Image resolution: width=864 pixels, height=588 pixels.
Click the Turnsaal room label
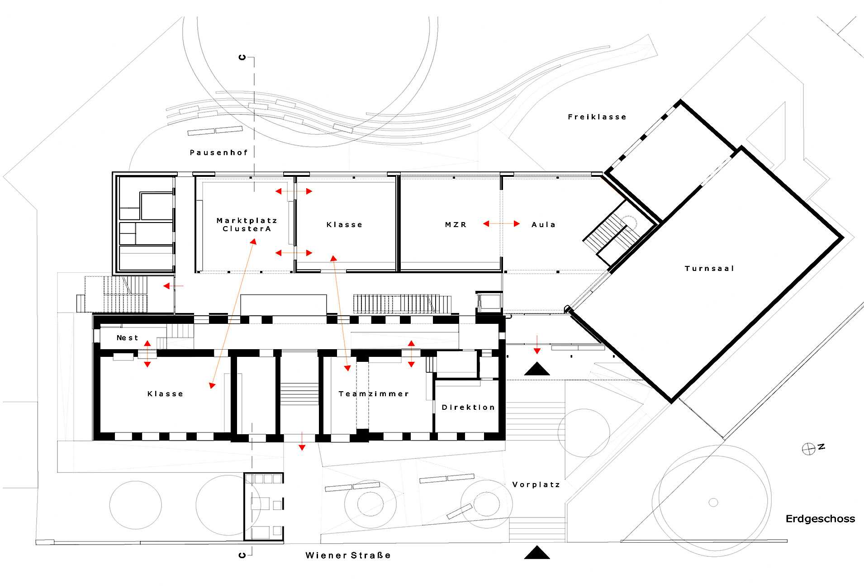coord(709,269)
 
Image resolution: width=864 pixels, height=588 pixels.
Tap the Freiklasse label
coord(597,117)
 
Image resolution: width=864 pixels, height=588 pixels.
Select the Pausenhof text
coord(219,153)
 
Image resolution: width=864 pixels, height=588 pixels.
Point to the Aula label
coord(543,225)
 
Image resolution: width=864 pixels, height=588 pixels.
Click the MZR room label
coord(456,225)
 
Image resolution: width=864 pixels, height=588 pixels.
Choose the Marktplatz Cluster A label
coord(247,225)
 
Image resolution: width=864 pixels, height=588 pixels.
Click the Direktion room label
coord(468,408)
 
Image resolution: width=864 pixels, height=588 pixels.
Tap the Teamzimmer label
coord(374,394)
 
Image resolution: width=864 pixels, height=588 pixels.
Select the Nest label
coord(127,338)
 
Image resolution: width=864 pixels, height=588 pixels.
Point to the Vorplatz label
coord(536,485)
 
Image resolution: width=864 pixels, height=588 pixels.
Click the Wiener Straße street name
coord(348,555)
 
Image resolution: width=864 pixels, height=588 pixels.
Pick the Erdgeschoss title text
coord(820,519)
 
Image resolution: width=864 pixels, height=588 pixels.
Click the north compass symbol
coord(808,449)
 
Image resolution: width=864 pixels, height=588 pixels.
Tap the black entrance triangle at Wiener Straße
coord(537,553)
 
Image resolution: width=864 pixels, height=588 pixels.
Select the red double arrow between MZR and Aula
coord(501,223)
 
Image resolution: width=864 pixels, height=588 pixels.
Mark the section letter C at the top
coord(242,57)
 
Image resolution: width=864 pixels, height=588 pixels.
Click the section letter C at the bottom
coord(242,555)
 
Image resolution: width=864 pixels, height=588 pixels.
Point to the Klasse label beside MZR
coord(344,225)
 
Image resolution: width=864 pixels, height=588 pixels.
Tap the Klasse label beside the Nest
coord(165,394)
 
